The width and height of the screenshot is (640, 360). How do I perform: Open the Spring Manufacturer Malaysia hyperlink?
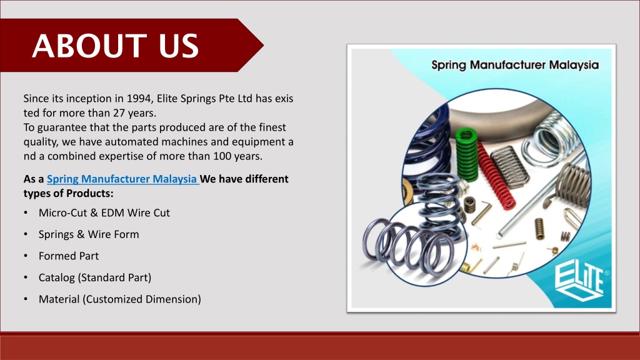(x=122, y=179)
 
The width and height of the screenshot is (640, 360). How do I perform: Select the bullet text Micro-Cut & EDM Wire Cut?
(x=104, y=213)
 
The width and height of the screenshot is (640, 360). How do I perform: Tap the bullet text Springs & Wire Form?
(x=89, y=234)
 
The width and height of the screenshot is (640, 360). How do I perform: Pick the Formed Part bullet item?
(x=69, y=256)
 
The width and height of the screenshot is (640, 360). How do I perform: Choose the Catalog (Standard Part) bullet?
(x=95, y=277)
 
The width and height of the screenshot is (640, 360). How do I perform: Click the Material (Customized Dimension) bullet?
(x=119, y=299)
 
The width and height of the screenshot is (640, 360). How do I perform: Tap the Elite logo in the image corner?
(x=578, y=281)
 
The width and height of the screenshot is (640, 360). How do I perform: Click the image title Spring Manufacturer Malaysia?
(x=515, y=65)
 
